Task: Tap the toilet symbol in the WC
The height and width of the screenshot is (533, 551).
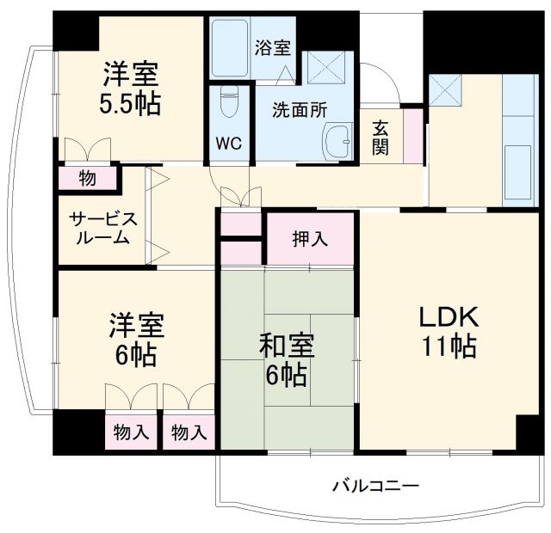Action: [229, 103]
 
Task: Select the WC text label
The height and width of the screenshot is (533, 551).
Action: [229, 142]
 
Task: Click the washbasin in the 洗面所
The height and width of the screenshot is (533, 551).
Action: [338, 139]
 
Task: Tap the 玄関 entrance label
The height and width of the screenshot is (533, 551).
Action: [381, 137]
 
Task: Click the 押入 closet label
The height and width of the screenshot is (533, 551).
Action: [311, 238]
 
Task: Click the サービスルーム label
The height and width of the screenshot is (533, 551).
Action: [100, 228]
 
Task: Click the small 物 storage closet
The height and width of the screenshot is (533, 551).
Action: [89, 179]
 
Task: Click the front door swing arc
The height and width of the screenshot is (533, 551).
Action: [379, 82]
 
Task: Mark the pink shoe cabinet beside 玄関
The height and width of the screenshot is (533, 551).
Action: [413, 136]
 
